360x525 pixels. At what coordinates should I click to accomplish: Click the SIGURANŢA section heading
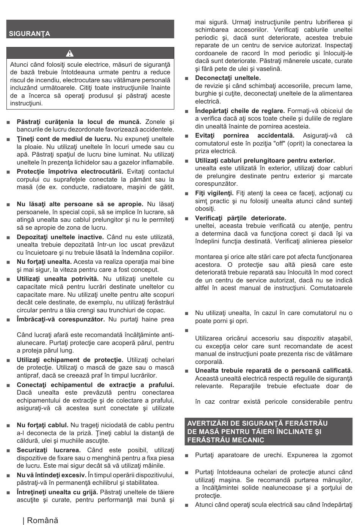point(30,33)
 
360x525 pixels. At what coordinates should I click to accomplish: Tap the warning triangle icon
point(90,53)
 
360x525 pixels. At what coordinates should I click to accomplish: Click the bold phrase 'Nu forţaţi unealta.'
point(44,262)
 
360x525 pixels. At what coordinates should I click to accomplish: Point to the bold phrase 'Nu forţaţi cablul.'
point(42,425)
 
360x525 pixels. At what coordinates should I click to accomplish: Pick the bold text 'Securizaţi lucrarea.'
point(49,450)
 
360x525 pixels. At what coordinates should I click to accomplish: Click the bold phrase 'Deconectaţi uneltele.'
point(228,78)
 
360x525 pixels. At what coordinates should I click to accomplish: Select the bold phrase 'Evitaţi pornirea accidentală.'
point(244,135)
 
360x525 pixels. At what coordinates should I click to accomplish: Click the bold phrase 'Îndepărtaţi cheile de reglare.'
point(240,111)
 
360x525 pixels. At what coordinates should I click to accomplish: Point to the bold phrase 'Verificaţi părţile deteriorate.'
point(241,218)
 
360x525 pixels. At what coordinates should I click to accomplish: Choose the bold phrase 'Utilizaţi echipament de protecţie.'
point(70,360)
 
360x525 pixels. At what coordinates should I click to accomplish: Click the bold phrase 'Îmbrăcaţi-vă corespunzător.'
point(61,319)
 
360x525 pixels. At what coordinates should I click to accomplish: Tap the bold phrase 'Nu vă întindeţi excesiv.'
point(51,475)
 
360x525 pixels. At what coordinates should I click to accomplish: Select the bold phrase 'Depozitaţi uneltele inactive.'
point(60,237)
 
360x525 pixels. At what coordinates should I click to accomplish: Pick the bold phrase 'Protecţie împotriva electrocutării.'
point(70,171)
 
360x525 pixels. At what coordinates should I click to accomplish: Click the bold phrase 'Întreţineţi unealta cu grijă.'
point(57,492)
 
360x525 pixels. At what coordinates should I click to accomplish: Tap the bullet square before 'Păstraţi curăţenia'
point(8,122)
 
